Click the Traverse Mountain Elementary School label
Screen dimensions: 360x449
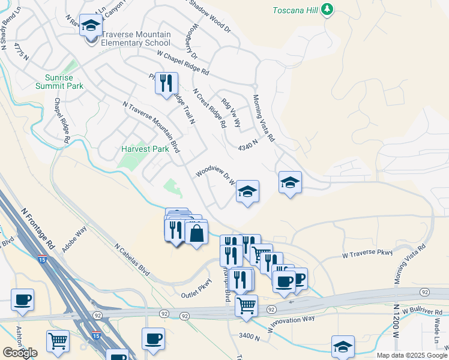pyautogui.click(x=136, y=38)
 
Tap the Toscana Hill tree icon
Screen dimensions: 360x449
pyautogui.click(x=327, y=10)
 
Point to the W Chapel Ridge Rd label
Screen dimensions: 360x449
pyautogui.click(x=183, y=62)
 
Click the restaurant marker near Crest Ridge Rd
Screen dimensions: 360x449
pyautogui.click(x=166, y=83)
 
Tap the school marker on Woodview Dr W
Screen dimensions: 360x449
pyautogui.click(x=247, y=192)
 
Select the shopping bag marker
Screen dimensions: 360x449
pyautogui.click(x=196, y=232)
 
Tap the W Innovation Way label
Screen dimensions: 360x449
pyautogui.click(x=289, y=326)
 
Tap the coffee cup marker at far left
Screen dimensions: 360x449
pyautogui.click(x=23, y=300)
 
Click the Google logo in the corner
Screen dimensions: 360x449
pyautogui.click(x=20, y=352)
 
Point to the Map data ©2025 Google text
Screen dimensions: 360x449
pyautogui.click(x=411, y=355)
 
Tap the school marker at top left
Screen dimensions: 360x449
pyautogui.click(x=91, y=26)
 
